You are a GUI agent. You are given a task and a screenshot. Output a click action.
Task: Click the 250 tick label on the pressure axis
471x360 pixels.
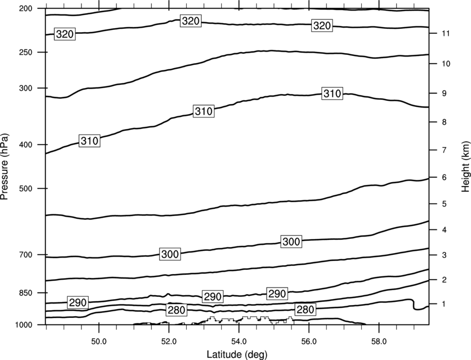[25, 52]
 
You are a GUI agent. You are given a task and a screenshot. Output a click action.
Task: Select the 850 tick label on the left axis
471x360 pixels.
[25, 293]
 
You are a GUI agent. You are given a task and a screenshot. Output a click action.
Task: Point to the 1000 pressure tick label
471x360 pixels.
[24, 325]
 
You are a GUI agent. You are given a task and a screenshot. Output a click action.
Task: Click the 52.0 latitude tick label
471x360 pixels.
[169, 342]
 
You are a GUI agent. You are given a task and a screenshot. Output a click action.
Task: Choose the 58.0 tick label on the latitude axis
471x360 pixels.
[379, 342]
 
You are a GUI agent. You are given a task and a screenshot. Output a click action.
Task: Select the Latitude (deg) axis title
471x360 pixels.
[237, 354]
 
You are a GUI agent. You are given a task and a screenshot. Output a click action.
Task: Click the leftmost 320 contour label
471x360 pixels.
[65, 34]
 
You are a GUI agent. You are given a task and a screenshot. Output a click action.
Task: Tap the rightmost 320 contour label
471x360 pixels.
[322, 26]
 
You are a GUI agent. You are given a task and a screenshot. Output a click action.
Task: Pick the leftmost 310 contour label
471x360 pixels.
[90, 141]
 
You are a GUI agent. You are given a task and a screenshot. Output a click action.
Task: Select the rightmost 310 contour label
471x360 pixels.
[332, 94]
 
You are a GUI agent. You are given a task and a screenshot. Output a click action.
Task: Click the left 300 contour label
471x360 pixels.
[170, 254]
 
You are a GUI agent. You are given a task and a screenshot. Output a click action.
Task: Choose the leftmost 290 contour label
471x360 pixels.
[78, 302]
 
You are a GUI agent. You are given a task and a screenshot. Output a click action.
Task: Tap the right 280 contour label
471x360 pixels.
[305, 310]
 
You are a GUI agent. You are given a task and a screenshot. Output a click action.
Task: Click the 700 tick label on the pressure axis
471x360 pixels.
[25, 255]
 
